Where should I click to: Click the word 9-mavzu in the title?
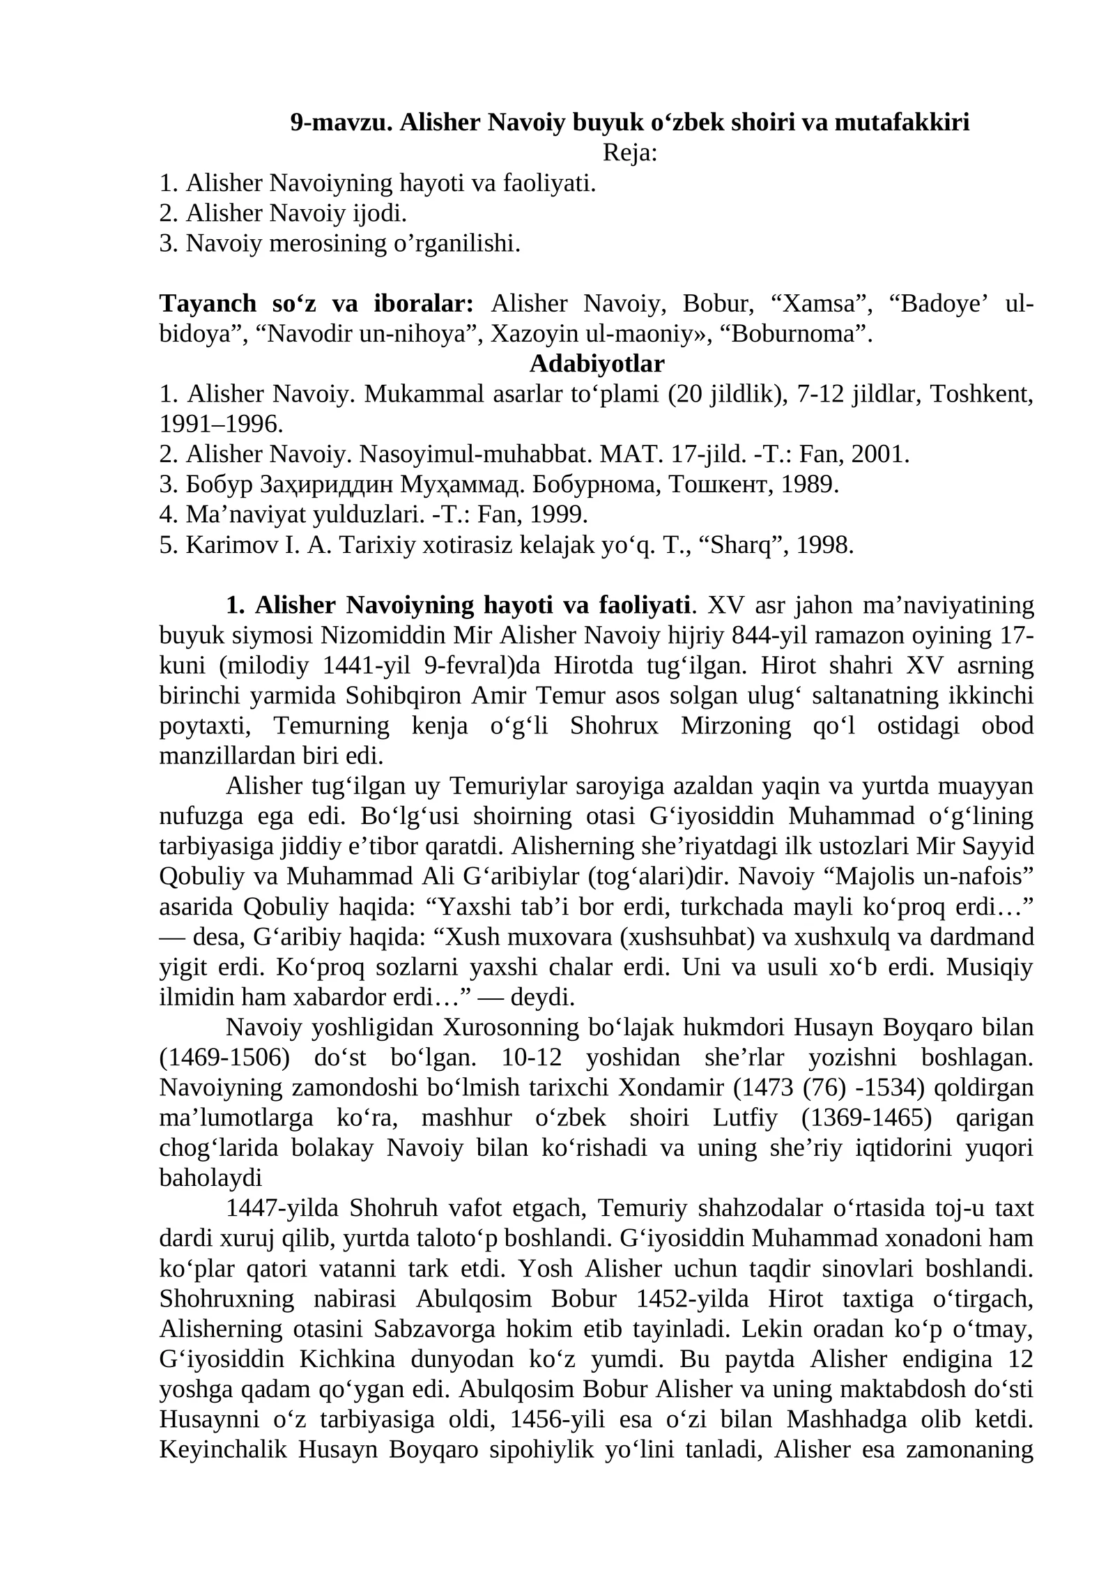[341, 123]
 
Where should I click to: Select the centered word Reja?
[630, 153]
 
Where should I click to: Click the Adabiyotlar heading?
[597, 364]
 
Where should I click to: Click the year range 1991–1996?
[221, 424]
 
